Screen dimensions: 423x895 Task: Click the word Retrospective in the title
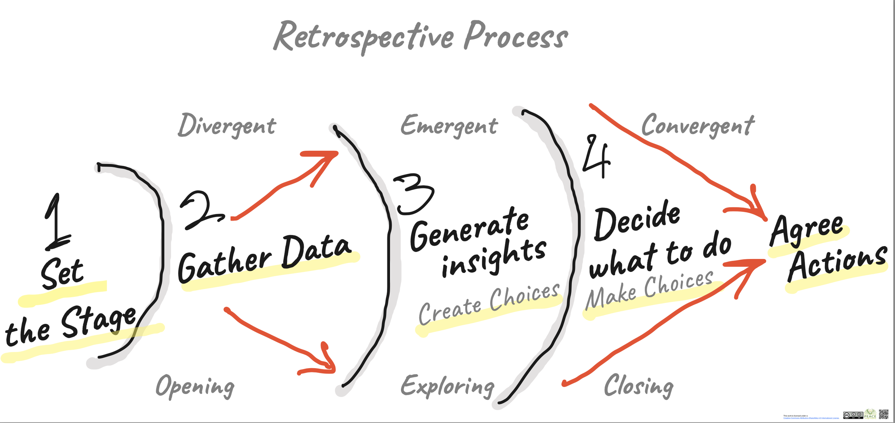pos(363,37)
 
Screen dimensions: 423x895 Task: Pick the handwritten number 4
pos(596,156)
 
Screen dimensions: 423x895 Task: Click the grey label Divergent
pos(227,126)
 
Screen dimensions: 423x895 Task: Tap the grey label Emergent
pos(449,126)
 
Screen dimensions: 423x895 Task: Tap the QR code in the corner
pos(884,414)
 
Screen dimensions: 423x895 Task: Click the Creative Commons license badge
pos(853,415)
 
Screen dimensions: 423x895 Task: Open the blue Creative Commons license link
pos(811,418)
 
